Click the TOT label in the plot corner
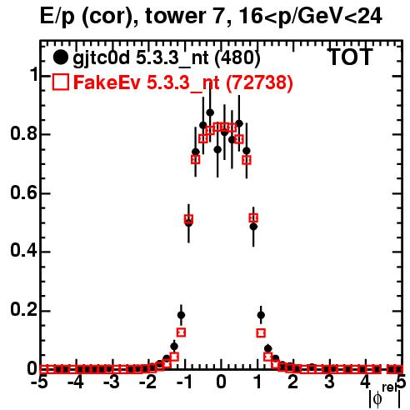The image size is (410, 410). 350,57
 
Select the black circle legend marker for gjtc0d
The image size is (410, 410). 60,57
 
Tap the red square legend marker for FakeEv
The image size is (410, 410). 61,82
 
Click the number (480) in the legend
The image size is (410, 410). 237,57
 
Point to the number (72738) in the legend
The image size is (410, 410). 259,82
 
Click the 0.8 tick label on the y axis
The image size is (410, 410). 23,133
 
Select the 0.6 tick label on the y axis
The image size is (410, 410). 23,192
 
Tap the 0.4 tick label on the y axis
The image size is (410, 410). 23,252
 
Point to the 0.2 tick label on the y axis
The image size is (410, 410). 23,310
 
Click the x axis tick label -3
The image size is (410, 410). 112,382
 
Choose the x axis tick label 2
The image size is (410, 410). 293,382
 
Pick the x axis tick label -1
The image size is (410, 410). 184,382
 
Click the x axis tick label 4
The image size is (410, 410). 366,382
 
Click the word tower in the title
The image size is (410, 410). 184,16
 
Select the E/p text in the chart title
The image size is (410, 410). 57,17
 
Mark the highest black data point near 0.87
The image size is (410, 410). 210,112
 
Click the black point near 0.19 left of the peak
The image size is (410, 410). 181,315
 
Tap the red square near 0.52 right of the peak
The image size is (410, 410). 253,217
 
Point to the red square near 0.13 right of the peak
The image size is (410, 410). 261,332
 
